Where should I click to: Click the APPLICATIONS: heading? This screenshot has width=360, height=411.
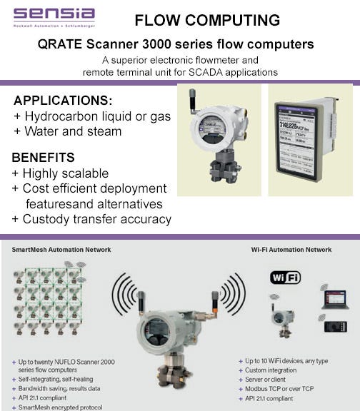(63, 100)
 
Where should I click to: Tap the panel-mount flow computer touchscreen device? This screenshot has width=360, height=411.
(307, 140)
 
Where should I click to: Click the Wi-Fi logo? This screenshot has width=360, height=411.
(285, 276)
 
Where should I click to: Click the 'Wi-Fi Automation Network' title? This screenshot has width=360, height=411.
(291, 250)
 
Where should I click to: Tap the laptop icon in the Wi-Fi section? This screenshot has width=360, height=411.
(334, 298)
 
